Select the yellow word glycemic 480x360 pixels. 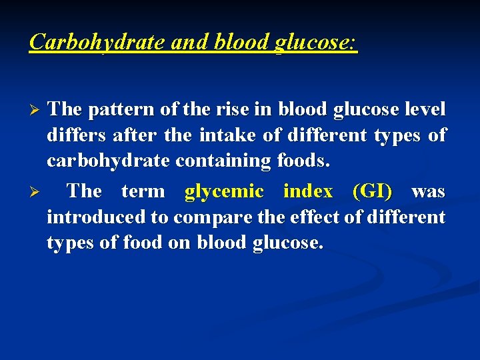(224, 191)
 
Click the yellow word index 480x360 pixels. (307, 191)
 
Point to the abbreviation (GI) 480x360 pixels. (372, 191)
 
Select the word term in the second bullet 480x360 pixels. (143, 191)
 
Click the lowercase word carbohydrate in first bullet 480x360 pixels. (106, 161)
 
